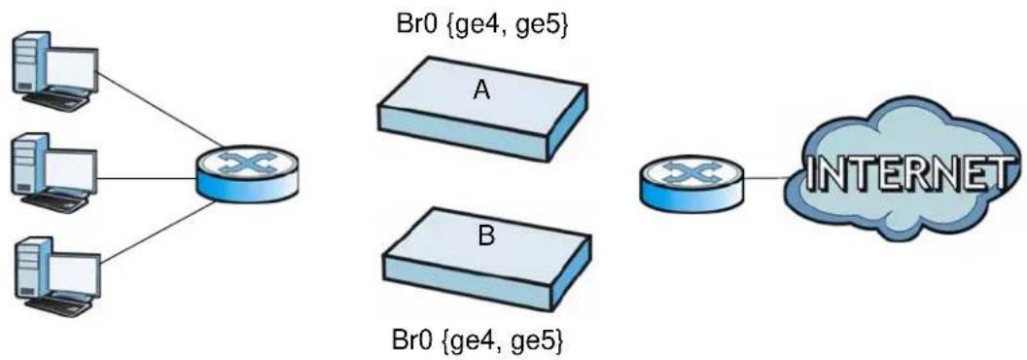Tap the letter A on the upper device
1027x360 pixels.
click(x=481, y=90)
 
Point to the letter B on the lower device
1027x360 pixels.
click(x=485, y=236)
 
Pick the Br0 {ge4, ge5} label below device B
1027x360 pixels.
click(x=478, y=341)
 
